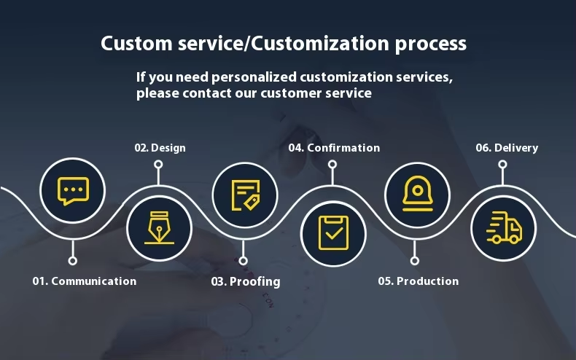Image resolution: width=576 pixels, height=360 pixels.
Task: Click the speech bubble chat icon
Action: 72,191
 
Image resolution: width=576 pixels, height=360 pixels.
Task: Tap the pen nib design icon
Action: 159,228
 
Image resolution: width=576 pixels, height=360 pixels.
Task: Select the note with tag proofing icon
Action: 244,193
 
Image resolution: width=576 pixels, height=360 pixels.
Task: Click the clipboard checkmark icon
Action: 333,232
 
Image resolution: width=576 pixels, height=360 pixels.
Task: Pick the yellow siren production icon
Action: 416,192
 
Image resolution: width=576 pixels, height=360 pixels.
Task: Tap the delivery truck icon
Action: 503,227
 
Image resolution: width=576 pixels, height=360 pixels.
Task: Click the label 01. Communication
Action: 84,281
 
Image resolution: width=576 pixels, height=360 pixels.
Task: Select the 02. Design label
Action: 160,148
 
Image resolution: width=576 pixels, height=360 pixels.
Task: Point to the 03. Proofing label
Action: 246,281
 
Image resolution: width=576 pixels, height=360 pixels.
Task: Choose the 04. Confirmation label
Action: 334,148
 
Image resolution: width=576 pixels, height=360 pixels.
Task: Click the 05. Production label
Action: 418,281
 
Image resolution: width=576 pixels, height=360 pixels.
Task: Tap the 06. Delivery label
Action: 507,148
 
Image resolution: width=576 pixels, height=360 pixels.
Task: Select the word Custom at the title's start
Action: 132,43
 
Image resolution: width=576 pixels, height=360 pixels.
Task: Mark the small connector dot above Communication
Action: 72,260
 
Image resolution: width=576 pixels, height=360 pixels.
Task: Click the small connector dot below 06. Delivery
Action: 502,164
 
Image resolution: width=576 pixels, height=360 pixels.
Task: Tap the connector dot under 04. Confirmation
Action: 333,164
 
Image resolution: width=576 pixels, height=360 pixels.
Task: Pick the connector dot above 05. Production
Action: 415,260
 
